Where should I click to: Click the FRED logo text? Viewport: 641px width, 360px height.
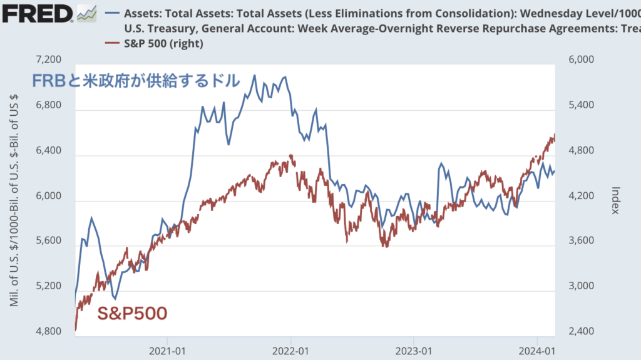[36, 13]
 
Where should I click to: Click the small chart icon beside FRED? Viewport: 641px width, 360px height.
[86, 13]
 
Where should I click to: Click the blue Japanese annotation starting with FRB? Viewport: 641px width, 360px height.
[136, 81]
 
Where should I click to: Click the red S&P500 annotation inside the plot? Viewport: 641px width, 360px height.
[132, 312]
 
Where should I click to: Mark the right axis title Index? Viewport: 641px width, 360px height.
[615, 200]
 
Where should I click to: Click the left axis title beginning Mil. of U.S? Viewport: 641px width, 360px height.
[14, 200]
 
